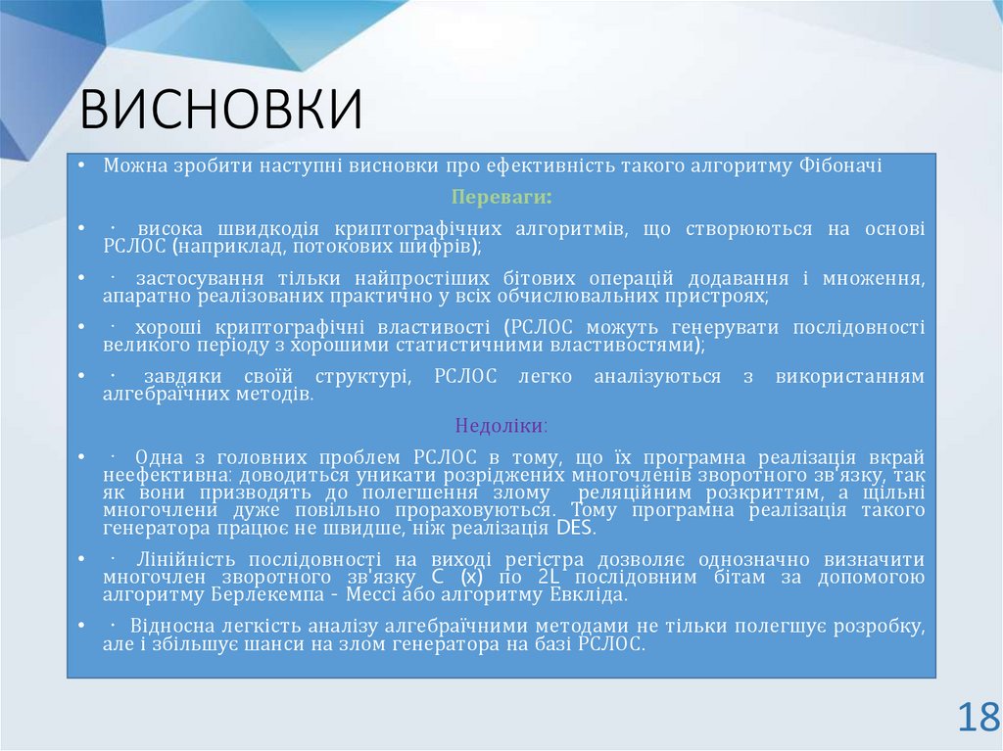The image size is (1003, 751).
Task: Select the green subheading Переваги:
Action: (x=501, y=197)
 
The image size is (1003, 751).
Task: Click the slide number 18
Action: (x=978, y=718)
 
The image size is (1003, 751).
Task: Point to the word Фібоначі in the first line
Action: (x=841, y=165)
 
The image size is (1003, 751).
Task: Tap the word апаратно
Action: (x=143, y=296)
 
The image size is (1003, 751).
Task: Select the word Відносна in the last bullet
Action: (x=175, y=626)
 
